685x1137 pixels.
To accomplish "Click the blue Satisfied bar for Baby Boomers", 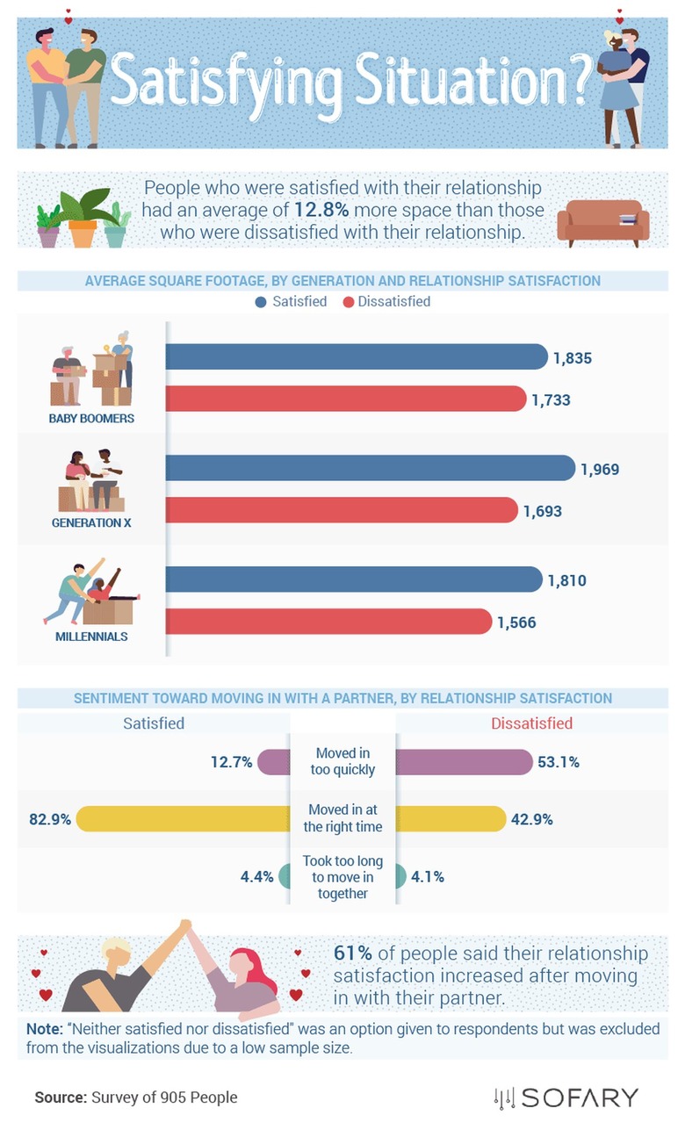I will click(x=356, y=357).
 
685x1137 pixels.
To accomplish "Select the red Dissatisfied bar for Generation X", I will click(x=342, y=511).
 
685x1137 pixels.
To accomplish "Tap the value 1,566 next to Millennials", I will click(x=516, y=622).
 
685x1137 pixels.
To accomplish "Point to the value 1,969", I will click(x=600, y=469).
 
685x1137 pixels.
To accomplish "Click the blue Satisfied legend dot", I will click(x=260, y=302).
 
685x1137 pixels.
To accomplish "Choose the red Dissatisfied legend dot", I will click(x=348, y=302).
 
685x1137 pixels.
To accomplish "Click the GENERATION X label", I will click(x=85, y=522).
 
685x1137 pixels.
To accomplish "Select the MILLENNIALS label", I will click(x=91, y=636).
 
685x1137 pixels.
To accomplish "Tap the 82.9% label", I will click(x=49, y=819).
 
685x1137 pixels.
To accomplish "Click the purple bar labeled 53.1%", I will click(x=464, y=762).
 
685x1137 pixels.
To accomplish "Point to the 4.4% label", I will click(x=257, y=875).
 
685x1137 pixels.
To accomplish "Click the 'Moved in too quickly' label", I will click(x=342, y=761).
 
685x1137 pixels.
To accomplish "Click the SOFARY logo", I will click(x=566, y=1097).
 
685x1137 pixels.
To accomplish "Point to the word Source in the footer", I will click(x=60, y=1097).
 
